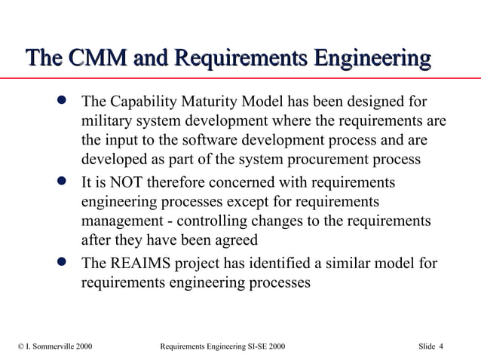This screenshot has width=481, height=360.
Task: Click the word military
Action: [x=105, y=121]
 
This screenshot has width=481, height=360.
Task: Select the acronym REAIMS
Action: [x=138, y=264]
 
